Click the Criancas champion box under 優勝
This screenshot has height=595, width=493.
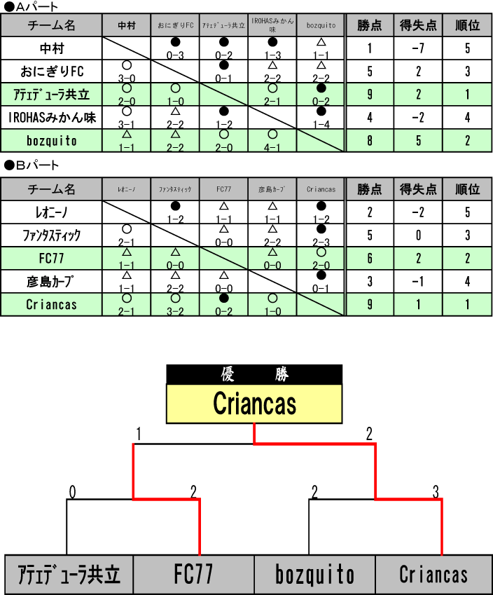click(x=254, y=404)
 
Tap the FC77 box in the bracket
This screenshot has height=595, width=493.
click(x=193, y=575)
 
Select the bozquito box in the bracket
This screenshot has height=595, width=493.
click(x=314, y=575)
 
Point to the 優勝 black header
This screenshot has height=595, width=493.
click(x=254, y=375)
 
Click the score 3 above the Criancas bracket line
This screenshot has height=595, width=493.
click(x=436, y=491)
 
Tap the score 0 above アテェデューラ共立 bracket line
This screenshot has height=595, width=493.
click(x=71, y=491)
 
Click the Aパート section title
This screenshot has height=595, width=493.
click(x=32, y=6)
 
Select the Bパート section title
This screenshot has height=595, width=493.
click(x=32, y=165)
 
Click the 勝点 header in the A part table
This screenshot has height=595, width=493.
click(x=369, y=25)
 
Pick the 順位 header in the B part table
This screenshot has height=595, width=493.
click(x=467, y=189)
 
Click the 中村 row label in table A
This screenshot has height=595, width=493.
click(x=51, y=48)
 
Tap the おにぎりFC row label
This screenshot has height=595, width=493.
click(x=51, y=71)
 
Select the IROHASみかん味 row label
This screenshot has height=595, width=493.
click(x=51, y=117)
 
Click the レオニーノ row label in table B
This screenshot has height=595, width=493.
click(x=51, y=212)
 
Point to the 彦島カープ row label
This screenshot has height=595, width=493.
click(x=51, y=282)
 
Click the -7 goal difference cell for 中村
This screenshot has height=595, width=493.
click(x=418, y=48)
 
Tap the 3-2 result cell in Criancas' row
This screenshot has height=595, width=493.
click(x=175, y=304)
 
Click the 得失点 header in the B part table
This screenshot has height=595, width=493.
click(x=418, y=189)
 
